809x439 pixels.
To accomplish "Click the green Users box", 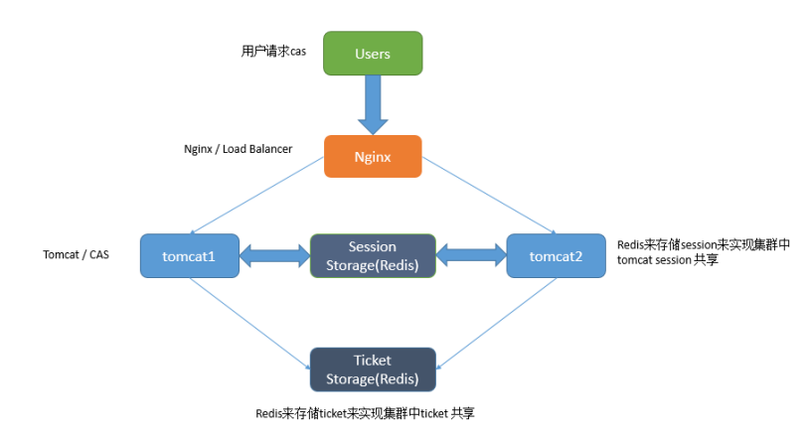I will (x=373, y=53).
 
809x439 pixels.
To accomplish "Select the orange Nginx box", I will (x=373, y=157).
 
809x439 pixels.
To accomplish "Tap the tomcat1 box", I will (x=189, y=256).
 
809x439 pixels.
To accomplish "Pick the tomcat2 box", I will (x=556, y=256).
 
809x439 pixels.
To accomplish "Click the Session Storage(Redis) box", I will (x=373, y=255).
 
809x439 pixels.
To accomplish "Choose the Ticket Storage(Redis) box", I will (x=373, y=368).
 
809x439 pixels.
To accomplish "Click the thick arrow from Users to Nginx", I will (x=373, y=104).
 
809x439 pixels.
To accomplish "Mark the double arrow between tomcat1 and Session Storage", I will (x=274, y=256).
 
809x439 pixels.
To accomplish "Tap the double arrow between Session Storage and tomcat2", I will (x=471, y=256).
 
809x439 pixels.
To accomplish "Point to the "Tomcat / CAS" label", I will (x=77, y=254).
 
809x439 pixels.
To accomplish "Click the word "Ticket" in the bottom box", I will (x=373, y=361).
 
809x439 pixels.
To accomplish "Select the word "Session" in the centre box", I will (x=373, y=246).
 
